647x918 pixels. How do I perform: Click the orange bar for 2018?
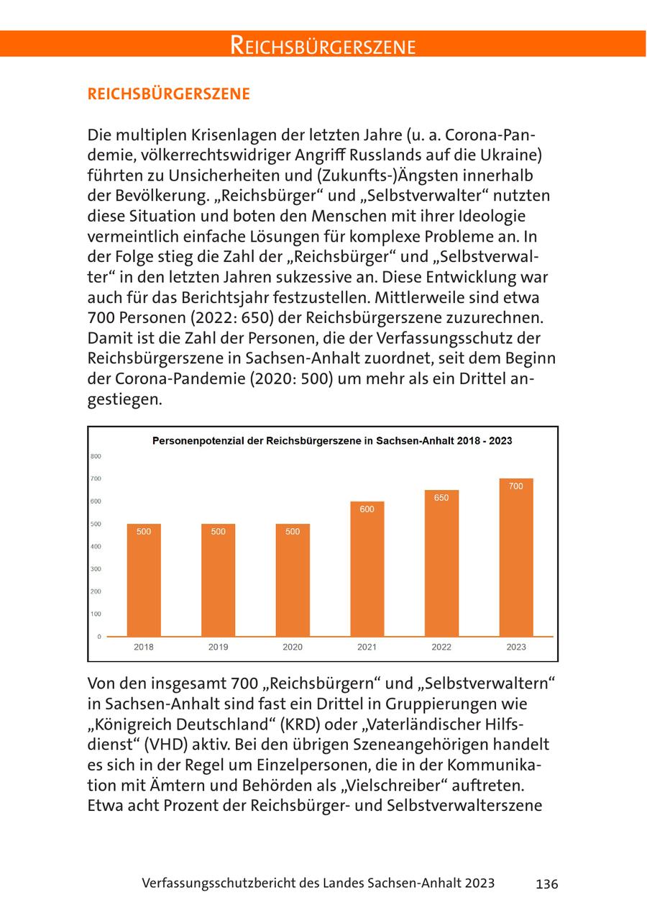[144, 580]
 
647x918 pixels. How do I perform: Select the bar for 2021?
[367, 568]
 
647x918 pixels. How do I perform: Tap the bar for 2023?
[516, 558]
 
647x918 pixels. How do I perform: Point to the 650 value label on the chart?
[441, 498]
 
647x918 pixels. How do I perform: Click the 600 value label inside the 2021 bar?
[367, 509]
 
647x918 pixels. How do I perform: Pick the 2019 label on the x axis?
[219, 647]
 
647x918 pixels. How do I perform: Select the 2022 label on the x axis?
[441, 647]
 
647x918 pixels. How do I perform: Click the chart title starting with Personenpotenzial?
[332, 440]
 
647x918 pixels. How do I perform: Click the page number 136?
[546, 884]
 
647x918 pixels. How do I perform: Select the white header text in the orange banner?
[323, 46]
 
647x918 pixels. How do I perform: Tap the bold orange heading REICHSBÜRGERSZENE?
[168, 94]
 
